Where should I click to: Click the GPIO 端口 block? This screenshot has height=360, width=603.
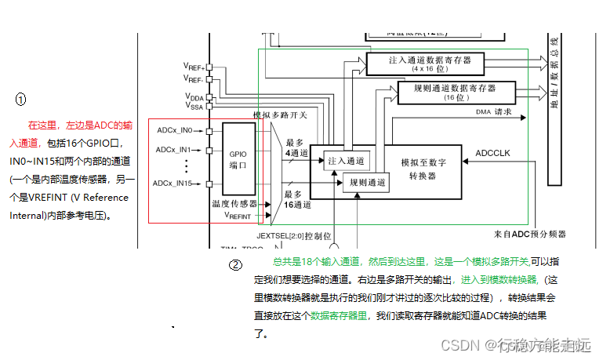(x=238, y=160)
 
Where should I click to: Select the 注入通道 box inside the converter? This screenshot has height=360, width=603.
(x=347, y=160)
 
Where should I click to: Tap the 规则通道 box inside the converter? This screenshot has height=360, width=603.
(x=366, y=183)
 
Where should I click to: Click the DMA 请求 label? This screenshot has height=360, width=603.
(x=493, y=112)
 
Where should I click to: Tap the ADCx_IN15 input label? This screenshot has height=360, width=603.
(x=173, y=183)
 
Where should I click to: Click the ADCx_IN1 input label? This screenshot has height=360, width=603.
(x=173, y=149)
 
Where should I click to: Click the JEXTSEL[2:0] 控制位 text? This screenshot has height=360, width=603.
(x=293, y=235)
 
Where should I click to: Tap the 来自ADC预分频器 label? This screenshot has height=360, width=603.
(x=529, y=234)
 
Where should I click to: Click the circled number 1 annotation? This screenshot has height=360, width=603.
(x=21, y=100)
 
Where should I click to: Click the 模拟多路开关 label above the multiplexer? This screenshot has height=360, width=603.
(x=280, y=115)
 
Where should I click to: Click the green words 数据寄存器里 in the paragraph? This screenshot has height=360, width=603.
(x=339, y=315)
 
